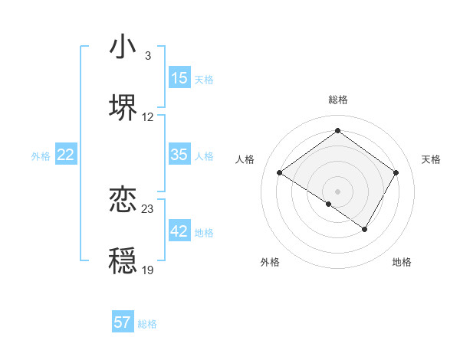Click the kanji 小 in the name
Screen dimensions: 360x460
coord(123,47)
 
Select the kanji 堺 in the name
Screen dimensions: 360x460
coord(123,108)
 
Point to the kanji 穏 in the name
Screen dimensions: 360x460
coord(123,260)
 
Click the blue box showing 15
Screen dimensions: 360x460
coord(179,78)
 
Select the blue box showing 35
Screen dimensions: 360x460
coord(179,155)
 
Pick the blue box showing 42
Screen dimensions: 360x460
coord(179,231)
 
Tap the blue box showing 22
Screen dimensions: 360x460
coord(66,155)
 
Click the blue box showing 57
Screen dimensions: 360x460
coord(123,322)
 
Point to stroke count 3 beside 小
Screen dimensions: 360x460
coord(148,56)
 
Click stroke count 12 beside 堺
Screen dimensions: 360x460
coord(148,117)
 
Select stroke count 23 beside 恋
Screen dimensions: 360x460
coord(148,208)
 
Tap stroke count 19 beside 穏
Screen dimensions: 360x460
coord(148,270)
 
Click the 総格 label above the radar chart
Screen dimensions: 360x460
coord(337,100)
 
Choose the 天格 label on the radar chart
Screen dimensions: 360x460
coord(431,159)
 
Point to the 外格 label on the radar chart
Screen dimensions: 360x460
coord(270,262)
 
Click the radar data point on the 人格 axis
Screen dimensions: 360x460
coord(280,173)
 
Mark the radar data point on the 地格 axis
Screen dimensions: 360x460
coord(365,229)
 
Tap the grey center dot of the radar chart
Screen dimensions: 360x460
coord(337,191)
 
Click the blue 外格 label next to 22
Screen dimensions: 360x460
coord(41,155)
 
